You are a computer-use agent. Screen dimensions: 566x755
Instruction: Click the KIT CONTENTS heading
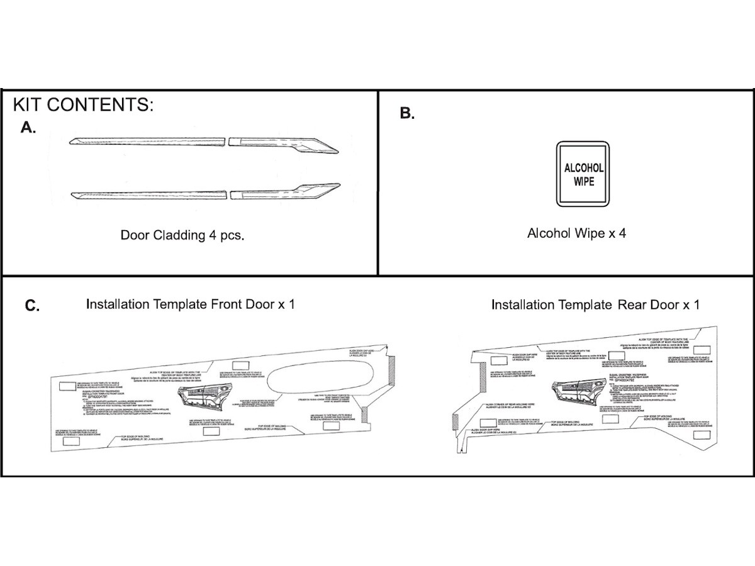point(83,104)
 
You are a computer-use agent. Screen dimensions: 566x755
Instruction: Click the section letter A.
point(28,128)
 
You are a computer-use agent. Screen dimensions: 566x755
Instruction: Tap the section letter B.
point(407,114)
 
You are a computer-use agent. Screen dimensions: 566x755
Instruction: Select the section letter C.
point(32,306)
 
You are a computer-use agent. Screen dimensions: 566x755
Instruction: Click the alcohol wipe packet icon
point(583,174)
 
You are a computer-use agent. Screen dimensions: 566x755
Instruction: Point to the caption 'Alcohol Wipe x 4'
point(576,233)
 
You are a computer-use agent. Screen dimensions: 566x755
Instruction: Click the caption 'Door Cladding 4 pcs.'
point(182,236)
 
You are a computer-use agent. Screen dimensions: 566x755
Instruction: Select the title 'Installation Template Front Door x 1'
point(190,305)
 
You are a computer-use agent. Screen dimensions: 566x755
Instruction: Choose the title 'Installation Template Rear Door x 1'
point(595,306)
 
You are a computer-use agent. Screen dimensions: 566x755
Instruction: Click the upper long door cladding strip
point(147,141)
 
